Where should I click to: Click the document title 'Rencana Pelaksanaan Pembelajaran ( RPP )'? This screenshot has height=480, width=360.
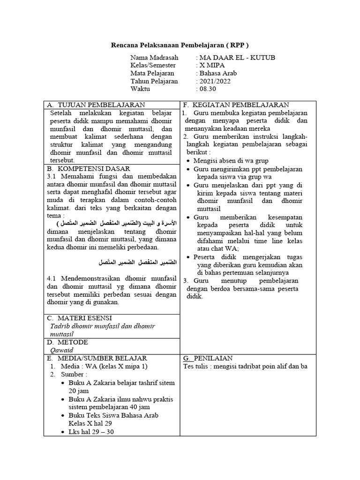180,45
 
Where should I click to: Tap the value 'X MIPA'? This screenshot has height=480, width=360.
212,66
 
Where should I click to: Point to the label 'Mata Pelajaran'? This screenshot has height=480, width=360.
152,73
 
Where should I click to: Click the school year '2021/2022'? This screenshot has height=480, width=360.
215,81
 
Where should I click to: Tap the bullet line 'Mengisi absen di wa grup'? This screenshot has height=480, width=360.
231,161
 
